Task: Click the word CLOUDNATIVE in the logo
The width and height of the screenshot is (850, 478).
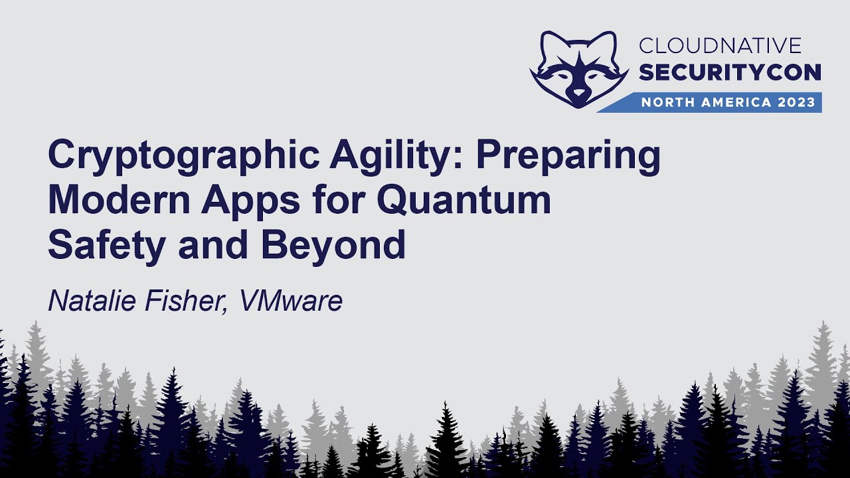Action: click(720, 46)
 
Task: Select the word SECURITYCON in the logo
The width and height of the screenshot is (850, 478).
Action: click(730, 72)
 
